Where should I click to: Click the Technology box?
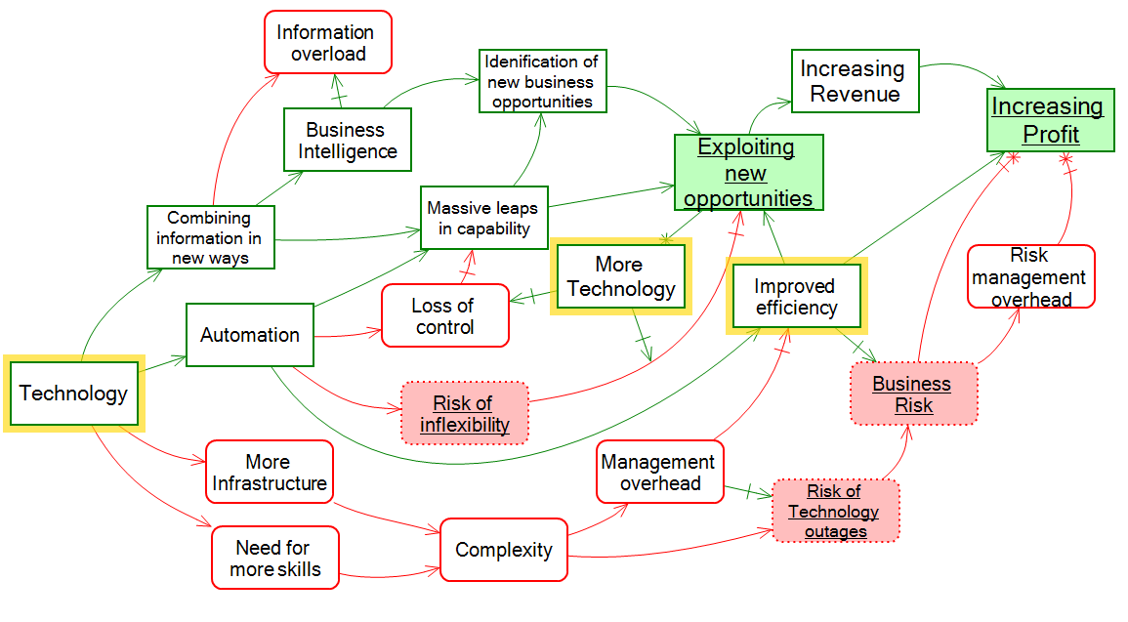(x=73, y=394)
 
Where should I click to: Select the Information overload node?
(x=328, y=42)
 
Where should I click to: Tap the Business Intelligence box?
(x=348, y=141)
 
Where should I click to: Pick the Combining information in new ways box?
(x=210, y=237)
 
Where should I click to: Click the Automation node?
(x=250, y=335)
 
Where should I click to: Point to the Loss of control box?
(x=445, y=315)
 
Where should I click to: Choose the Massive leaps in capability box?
(x=484, y=218)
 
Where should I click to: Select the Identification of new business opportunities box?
(x=543, y=81)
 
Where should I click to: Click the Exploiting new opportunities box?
(x=748, y=173)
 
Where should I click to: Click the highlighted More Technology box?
(x=620, y=276)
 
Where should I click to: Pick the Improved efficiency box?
(x=796, y=297)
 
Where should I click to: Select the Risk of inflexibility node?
(x=465, y=413)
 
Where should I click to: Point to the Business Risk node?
(x=912, y=394)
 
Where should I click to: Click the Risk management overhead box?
(x=1031, y=276)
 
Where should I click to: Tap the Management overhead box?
(x=660, y=472)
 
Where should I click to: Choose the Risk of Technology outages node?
(x=835, y=511)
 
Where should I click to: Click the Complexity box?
(x=504, y=550)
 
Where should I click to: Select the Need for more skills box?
(x=275, y=558)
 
